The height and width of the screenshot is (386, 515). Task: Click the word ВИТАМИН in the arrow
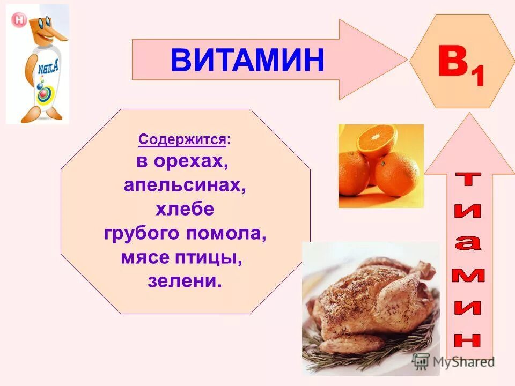pyautogui.click(x=248, y=60)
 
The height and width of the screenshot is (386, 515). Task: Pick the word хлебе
pyautogui.click(x=185, y=210)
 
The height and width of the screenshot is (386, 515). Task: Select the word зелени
pyautogui.click(x=184, y=281)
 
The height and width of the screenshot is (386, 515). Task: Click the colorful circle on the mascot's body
pyautogui.click(x=43, y=95)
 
